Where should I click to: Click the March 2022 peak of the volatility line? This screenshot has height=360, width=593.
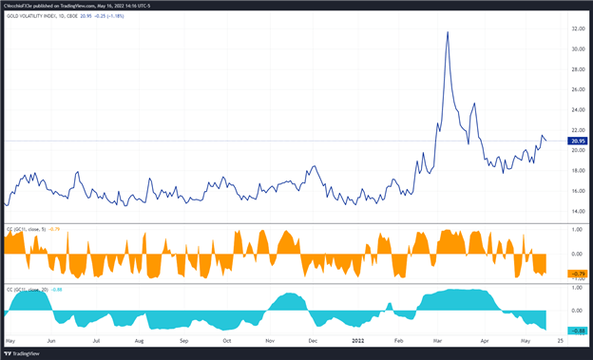tap(447, 31)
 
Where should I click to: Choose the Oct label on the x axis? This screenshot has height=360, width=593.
tap(226, 339)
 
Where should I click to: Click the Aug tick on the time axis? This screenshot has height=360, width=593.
tap(140, 339)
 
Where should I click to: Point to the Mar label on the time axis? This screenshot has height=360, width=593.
tap(442, 339)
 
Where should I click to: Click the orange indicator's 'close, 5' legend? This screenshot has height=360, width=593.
tap(39, 229)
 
